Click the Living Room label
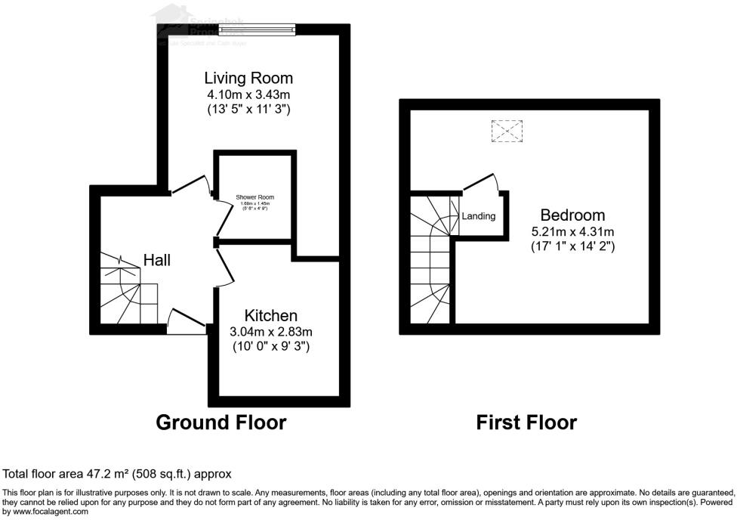(248, 78)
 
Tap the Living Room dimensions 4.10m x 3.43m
(248, 94)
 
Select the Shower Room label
(254, 198)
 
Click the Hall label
(157, 260)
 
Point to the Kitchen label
(271, 315)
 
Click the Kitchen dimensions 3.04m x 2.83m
(271, 331)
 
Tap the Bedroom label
(572, 215)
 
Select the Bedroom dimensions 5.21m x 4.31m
(572, 231)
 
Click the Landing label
(479, 216)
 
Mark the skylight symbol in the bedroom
(507, 132)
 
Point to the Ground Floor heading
(220, 422)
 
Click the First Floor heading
(526, 422)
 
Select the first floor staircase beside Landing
(431, 257)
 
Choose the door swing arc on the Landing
(481, 181)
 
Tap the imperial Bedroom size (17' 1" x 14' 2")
(572, 246)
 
